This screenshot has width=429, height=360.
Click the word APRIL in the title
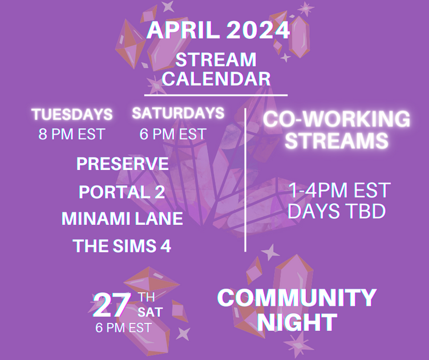pos(183,30)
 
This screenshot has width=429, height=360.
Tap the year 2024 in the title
pos(258,30)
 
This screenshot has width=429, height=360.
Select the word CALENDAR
pos(216,79)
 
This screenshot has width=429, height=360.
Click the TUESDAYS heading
pos(72,114)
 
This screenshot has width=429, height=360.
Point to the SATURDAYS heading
pos(178,113)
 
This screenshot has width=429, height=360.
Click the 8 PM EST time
pos(72,134)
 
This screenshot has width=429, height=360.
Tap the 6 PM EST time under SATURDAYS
pos(173,134)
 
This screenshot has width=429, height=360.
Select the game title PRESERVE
pos(122,164)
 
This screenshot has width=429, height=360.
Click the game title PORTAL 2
pos(122,192)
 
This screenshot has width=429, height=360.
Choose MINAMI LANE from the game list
pos(122,219)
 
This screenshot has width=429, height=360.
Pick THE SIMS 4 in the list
pos(122,245)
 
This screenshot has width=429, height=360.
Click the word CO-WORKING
pos(337,119)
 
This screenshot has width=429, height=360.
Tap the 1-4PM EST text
pos(339,190)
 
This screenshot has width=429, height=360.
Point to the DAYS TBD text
pos(337,211)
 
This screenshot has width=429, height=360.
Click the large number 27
pos(111,305)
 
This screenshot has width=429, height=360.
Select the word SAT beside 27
pos(150,312)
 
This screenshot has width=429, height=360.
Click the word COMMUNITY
pos(297,298)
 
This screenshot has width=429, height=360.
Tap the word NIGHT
pos(297,322)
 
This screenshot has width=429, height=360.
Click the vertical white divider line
pos(245,180)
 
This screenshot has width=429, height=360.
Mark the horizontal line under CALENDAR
pos(216,95)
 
